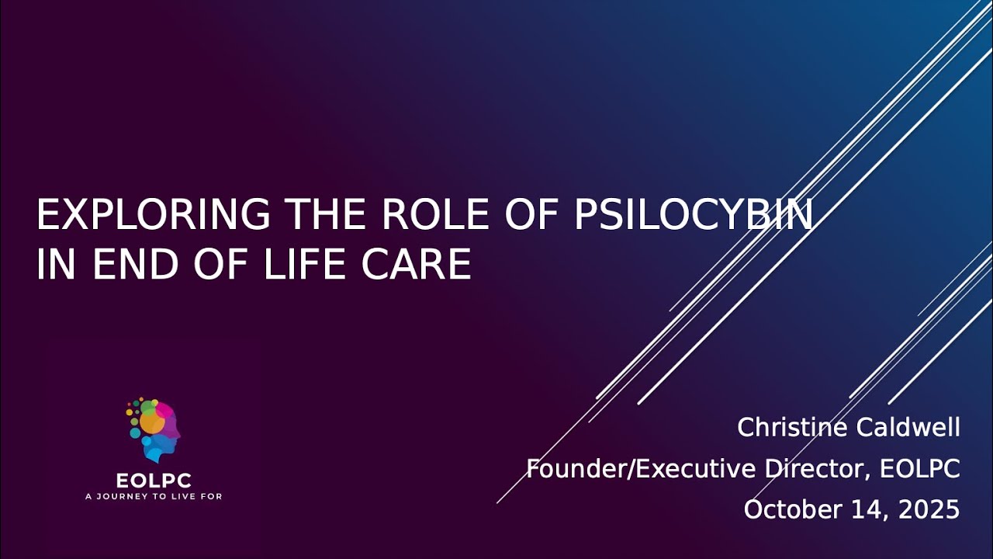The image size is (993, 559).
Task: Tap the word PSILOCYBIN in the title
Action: (693, 215)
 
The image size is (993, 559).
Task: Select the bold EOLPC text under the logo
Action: (154, 481)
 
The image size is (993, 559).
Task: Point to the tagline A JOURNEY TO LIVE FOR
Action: (154, 496)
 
